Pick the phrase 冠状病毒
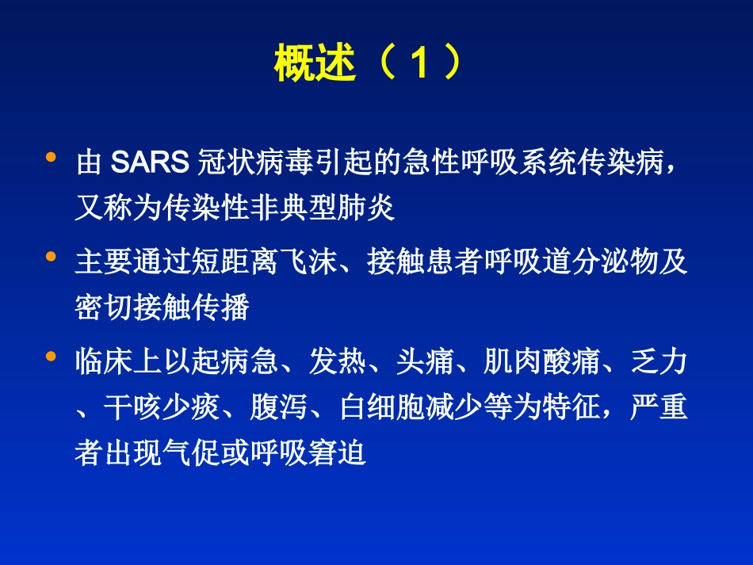coord(253,162)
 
